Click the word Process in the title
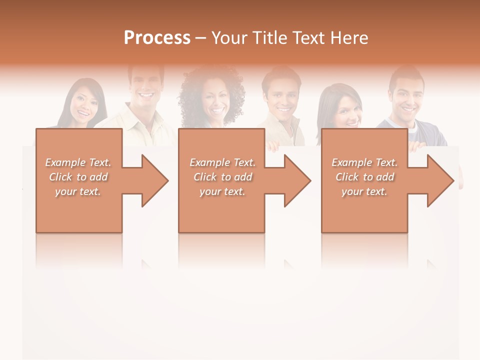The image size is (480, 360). tap(157, 38)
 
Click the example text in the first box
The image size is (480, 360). tap(78, 177)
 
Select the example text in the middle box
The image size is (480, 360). tap(222, 177)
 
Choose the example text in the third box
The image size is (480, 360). tap(364, 177)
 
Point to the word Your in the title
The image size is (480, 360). tap(228, 38)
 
